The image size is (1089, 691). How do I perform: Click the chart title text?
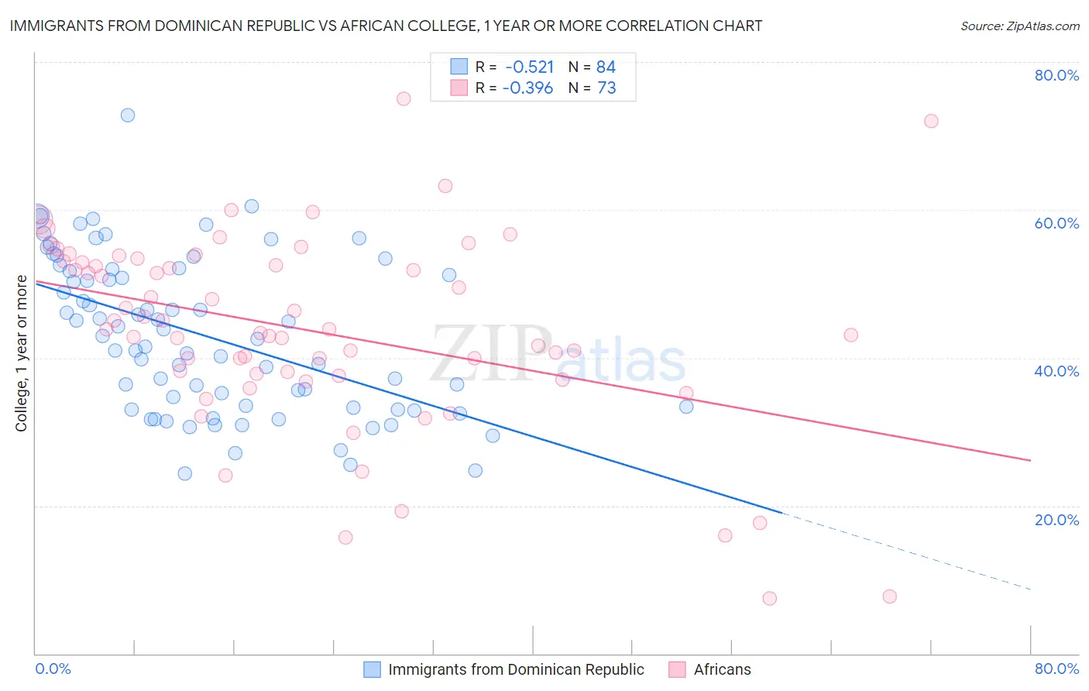(x=385, y=26)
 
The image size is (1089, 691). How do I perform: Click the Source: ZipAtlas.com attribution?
(x=1019, y=26)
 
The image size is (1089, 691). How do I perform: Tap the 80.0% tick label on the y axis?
(x=1056, y=75)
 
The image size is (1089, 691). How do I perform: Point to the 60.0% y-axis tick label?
(x=1056, y=223)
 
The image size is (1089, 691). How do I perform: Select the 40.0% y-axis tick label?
(x=1056, y=371)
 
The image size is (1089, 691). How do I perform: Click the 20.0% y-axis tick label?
(x=1056, y=519)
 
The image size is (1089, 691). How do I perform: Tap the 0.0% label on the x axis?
(x=53, y=669)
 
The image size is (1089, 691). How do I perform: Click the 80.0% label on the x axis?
(x=1056, y=669)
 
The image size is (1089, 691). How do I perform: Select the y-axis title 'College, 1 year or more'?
(x=22, y=353)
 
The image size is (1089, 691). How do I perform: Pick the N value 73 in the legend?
(x=606, y=88)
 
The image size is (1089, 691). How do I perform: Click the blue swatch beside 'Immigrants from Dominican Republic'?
(x=373, y=669)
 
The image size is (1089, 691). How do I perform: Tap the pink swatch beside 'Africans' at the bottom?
(x=678, y=669)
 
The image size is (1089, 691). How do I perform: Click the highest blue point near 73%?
(x=128, y=115)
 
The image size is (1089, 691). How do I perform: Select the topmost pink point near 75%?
(x=404, y=98)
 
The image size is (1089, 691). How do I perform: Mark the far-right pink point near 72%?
(x=931, y=121)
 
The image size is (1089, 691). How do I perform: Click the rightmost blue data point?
(x=686, y=407)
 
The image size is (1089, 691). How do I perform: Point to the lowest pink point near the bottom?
(x=769, y=598)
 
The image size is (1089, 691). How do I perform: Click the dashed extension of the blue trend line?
(x=906, y=551)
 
